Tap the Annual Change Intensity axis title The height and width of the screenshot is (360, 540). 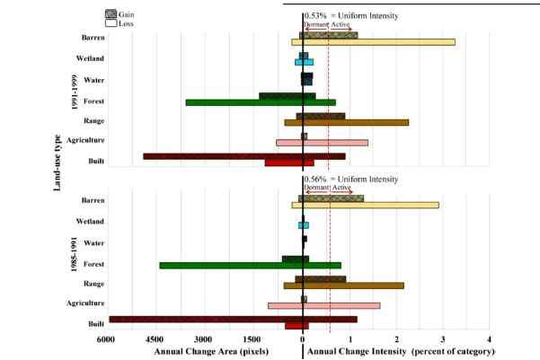[x=401, y=351]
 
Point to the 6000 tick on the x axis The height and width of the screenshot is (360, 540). [x=106, y=339]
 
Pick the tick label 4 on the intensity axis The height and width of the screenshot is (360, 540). [x=489, y=339]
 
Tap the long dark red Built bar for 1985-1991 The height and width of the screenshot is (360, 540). [x=207, y=319]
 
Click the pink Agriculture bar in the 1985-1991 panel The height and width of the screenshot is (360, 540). [x=323, y=305]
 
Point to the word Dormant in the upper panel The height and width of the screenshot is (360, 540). [x=316, y=25]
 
